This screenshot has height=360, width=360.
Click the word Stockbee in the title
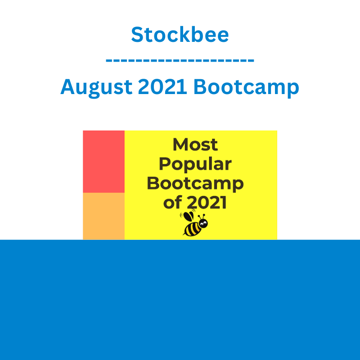pyautogui.click(x=180, y=35)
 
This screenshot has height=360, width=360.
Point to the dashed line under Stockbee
pyautogui.click(x=180, y=60)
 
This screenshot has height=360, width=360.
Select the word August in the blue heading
pyautogui.click(x=96, y=87)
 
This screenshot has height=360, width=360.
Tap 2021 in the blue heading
pyautogui.click(x=162, y=86)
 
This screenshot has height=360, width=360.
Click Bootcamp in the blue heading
pyautogui.click(x=246, y=87)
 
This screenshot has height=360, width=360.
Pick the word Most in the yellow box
pyautogui.click(x=195, y=144)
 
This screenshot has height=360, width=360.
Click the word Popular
pyautogui.click(x=195, y=165)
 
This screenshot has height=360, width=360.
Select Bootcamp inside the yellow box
pyautogui.click(x=195, y=184)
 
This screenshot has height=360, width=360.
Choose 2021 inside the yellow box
pyautogui.click(x=207, y=202)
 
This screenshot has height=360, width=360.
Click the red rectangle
pyautogui.click(x=104, y=162)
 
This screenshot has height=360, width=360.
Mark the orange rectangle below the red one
pyautogui.click(x=104, y=216)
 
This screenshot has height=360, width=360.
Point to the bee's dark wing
pyautogui.click(x=189, y=216)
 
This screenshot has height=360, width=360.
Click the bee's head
pyautogui.click(x=203, y=223)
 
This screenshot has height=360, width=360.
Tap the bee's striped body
pyautogui.click(x=193, y=229)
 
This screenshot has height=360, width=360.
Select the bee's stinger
pyautogui.click(x=184, y=234)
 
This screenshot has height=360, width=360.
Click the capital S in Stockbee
pyautogui.click(x=138, y=35)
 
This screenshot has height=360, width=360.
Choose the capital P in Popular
pyautogui.click(x=165, y=164)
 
